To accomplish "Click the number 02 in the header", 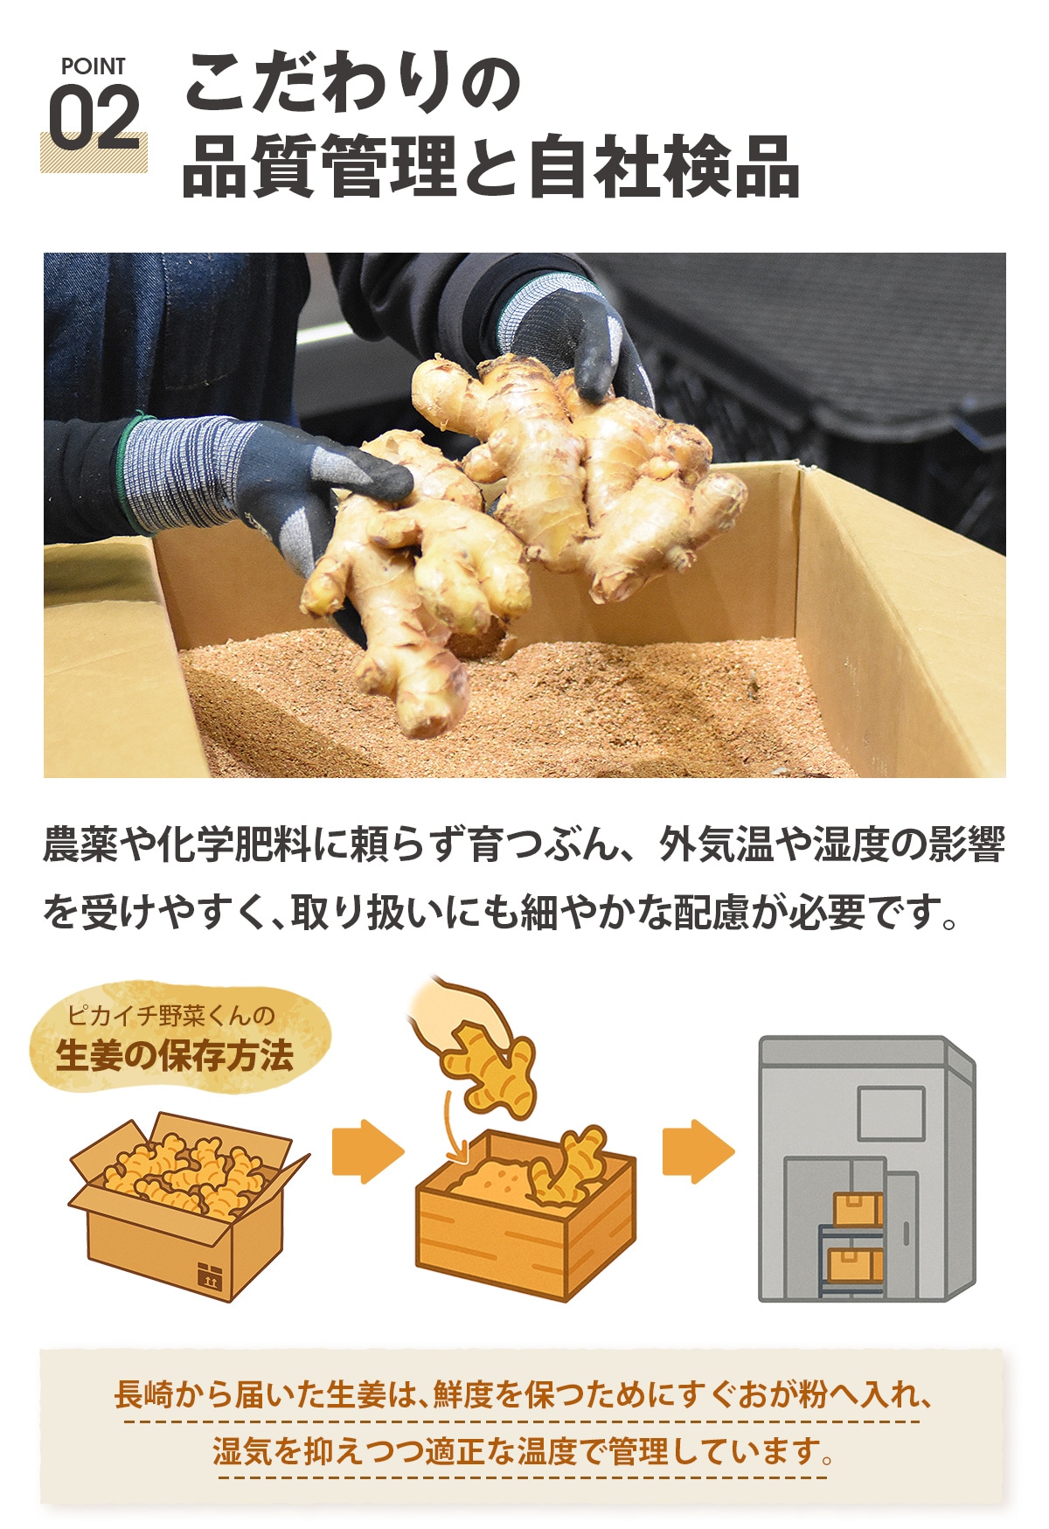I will click(94, 118).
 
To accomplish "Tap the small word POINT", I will click(93, 66).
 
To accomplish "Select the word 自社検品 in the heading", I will click(664, 166).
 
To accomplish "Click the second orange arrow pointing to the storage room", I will click(698, 1151).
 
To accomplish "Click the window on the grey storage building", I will click(891, 1113).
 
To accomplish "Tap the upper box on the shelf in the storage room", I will click(858, 1210).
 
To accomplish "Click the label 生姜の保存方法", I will click(175, 1056).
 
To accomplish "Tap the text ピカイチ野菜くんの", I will click(171, 1015).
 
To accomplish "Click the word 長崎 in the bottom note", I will click(144, 1394).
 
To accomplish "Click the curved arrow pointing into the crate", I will click(453, 1128).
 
